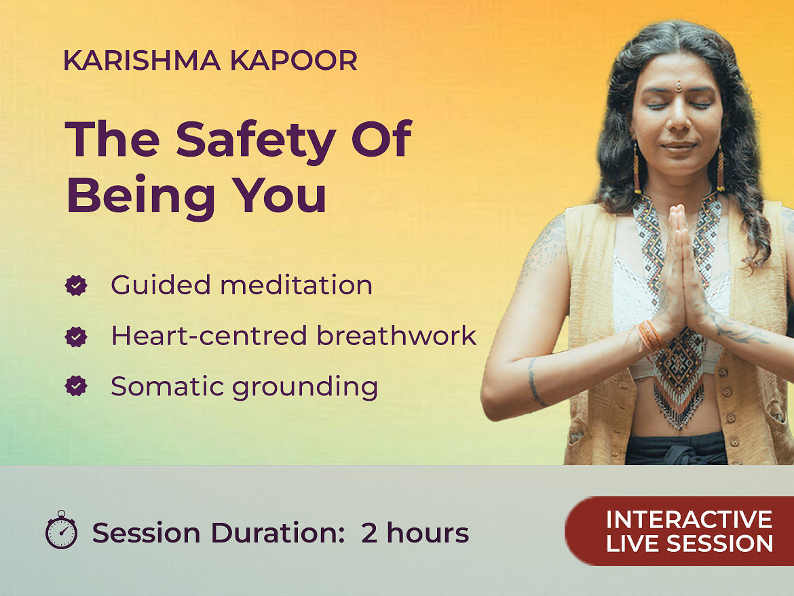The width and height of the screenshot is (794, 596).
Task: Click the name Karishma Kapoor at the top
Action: pos(210,61)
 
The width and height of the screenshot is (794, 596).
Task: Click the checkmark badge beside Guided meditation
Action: pos(76,285)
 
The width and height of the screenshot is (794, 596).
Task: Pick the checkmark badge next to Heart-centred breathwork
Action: pos(76,336)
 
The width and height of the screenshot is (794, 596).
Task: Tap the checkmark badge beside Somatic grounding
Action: pos(76,386)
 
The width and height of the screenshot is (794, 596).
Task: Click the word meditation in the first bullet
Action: pos(297,285)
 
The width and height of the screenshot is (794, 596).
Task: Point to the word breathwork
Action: pos(396,336)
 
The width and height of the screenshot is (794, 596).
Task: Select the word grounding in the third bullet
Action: pos(305,388)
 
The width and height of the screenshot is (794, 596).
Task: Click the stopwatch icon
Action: pos(61,530)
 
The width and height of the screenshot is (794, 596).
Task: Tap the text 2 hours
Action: pos(415,533)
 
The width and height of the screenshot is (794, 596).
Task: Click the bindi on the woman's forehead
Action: pos(678,87)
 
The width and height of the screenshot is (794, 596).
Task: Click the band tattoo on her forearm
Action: pos(533,382)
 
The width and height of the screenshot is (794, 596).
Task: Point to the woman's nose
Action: pos(677,119)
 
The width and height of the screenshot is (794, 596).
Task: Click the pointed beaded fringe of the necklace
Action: pos(679,402)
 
